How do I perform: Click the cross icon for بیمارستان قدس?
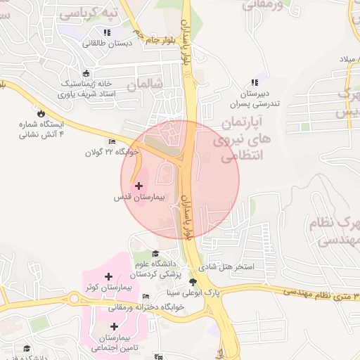(139, 186)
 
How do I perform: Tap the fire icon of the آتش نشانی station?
(41, 112)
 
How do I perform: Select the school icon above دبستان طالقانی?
(106, 32)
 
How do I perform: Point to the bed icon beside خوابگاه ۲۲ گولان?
(112, 141)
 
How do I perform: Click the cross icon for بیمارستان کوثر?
(108, 277)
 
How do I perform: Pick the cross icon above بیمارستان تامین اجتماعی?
(114, 326)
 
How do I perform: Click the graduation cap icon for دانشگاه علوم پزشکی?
(155, 254)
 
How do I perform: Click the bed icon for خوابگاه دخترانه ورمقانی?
(146, 297)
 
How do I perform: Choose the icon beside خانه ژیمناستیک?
(86, 72)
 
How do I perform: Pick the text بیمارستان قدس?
(139, 198)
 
